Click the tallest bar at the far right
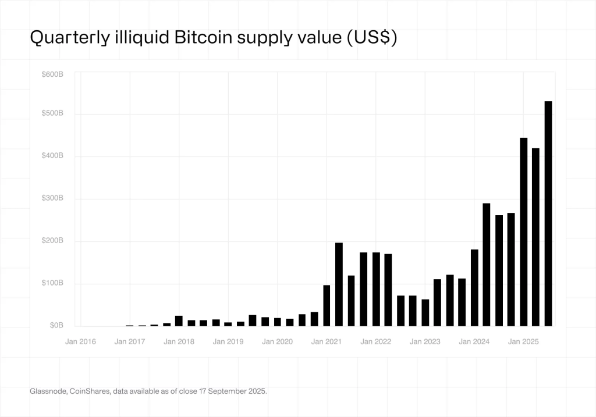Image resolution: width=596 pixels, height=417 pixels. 548,213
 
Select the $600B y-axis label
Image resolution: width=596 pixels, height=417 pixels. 52,74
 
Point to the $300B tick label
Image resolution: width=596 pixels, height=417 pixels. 52,198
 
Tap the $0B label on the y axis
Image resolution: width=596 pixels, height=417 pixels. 56,326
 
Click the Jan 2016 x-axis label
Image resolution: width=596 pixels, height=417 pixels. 80,341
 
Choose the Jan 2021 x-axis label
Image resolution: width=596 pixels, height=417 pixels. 326,341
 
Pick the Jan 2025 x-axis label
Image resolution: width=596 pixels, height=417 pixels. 523,341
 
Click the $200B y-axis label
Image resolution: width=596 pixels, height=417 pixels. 52,241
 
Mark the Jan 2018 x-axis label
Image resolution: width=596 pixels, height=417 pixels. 179,341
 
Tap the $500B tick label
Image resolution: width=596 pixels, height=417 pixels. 52,113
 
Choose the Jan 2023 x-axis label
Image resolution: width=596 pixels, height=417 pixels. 424,341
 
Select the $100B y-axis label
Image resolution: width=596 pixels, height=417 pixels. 52,283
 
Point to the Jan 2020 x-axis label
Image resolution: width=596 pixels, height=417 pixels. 277,341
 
